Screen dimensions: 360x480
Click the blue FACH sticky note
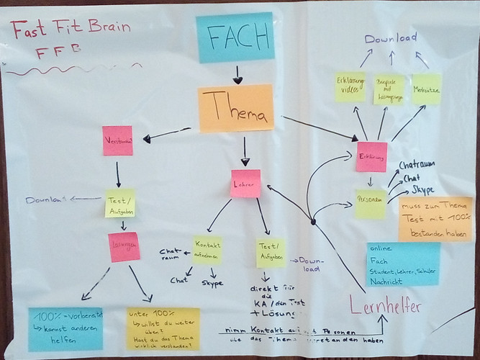(235, 37)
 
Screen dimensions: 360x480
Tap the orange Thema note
(235, 108)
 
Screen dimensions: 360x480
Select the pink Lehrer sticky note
(245, 184)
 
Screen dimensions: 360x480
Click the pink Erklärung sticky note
(371, 156)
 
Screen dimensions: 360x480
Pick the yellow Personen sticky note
(370, 204)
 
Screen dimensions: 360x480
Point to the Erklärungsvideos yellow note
(350, 87)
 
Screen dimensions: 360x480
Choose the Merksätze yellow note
(426, 89)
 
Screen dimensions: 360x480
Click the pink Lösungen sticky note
(124, 246)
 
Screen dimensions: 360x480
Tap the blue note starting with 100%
(65, 329)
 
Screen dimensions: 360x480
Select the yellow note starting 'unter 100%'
(163, 328)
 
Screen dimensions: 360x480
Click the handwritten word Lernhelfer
(385, 306)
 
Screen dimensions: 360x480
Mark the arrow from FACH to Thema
(237, 73)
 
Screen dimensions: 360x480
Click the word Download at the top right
(390, 37)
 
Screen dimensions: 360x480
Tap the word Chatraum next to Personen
(417, 166)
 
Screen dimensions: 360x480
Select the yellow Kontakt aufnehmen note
(207, 249)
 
